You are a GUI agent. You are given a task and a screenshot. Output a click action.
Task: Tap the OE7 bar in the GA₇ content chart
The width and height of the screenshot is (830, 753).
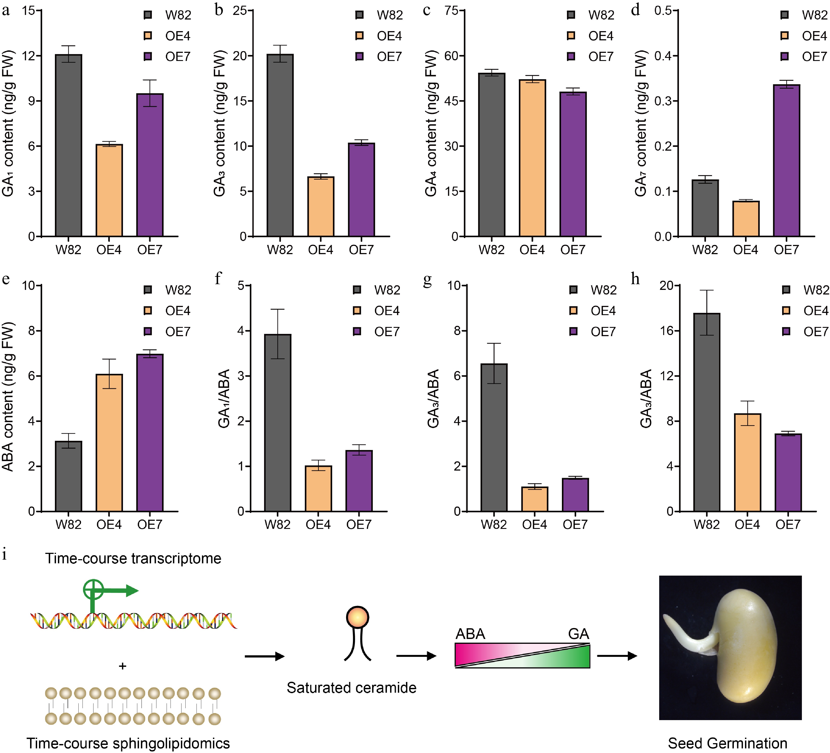coord(786,160)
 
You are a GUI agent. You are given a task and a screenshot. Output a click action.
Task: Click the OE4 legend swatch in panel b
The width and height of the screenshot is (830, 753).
coord(359,36)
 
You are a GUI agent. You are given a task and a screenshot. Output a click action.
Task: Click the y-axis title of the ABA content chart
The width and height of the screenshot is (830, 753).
coord(8,397)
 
